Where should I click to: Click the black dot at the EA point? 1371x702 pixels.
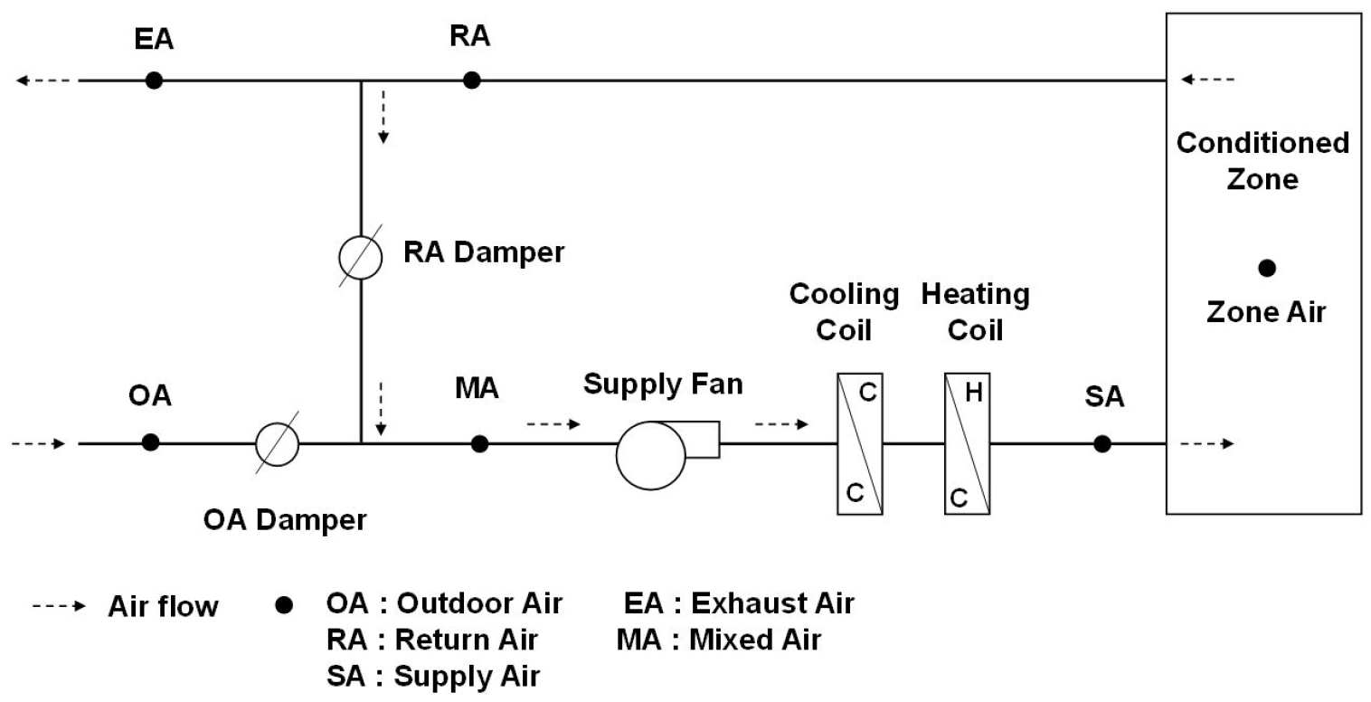(155, 81)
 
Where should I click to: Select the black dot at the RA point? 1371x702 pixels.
(471, 81)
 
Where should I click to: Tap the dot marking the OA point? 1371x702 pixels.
(151, 442)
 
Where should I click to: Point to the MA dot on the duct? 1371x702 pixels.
(480, 443)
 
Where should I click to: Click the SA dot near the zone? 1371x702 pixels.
(1102, 443)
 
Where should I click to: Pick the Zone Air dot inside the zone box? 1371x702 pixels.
(1267, 268)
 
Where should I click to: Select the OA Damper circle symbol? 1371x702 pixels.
(277, 443)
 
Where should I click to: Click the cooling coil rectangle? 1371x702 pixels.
(860, 443)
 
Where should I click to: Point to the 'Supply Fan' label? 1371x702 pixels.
(663, 384)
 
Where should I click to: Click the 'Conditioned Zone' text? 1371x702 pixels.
(1262, 161)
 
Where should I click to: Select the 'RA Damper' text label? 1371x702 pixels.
(484, 252)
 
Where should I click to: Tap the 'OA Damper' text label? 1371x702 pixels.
(284, 520)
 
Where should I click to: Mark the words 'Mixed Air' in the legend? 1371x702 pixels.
(755, 640)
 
